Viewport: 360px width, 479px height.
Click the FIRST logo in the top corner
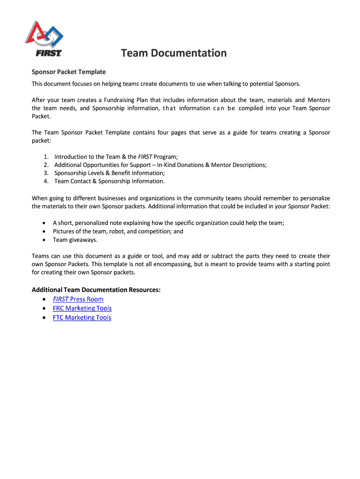(48, 39)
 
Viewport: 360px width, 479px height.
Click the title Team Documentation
(173, 53)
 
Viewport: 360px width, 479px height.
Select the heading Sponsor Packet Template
(68, 72)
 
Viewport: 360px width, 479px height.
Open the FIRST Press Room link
(78, 299)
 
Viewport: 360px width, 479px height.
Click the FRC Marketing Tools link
(82, 308)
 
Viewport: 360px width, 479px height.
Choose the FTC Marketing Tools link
(82, 318)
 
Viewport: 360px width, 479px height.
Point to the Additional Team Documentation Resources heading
(96, 290)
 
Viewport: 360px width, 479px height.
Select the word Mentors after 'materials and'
(319, 100)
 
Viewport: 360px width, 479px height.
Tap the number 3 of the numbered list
(46, 173)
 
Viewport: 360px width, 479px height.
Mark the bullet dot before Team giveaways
(43, 240)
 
